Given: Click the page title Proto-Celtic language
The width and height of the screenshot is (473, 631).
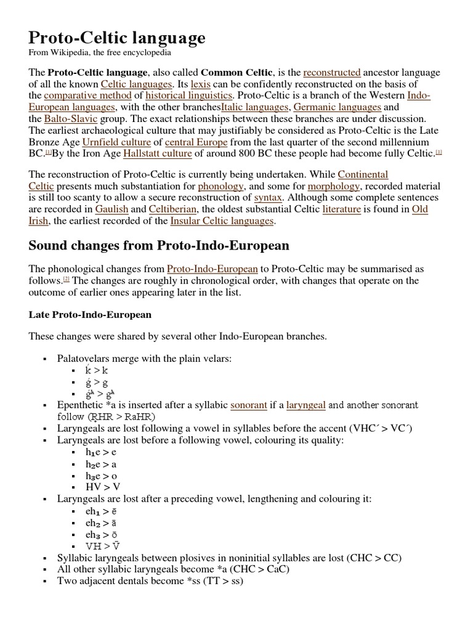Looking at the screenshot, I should tap(117, 39).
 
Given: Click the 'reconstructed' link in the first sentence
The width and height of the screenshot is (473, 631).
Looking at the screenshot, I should tap(332, 73).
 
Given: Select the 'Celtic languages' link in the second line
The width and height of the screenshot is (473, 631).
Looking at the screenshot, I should tap(136, 84).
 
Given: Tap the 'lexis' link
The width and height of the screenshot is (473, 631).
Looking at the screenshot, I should tap(201, 84).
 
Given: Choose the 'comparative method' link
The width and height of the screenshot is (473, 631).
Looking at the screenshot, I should tap(88, 96).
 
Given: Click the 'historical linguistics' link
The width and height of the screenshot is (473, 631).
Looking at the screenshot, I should tap(188, 96).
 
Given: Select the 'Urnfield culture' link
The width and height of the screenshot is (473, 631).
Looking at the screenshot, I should tap(117, 141).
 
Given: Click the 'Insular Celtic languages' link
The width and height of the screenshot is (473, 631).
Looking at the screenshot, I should tap(222, 221).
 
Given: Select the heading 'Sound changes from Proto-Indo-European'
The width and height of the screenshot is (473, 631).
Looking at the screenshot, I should tap(158, 246).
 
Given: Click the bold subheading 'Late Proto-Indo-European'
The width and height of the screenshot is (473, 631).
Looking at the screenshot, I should tap(90, 315).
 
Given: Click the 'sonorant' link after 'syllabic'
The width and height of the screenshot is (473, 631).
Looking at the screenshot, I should tap(249, 405).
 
